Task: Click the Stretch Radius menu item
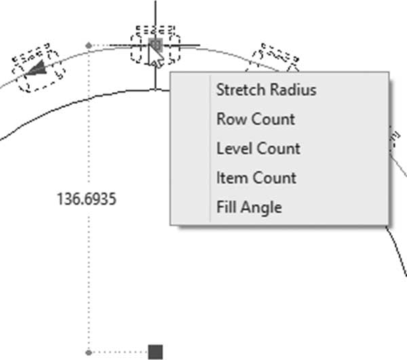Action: [x=267, y=89]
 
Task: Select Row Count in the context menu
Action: [x=256, y=119]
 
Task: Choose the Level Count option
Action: [x=258, y=148]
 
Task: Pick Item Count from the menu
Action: [x=256, y=178]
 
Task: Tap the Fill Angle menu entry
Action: [x=249, y=207]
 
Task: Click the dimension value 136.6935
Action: [x=86, y=199]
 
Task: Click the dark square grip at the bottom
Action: [x=155, y=352]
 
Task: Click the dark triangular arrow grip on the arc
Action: [x=37, y=68]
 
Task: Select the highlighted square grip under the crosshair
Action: [x=155, y=45]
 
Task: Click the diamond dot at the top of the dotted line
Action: [x=89, y=45]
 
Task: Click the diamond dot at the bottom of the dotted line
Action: [x=89, y=353]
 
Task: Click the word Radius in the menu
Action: [x=293, y=89]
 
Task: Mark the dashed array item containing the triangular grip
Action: [x=38, y=68]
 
